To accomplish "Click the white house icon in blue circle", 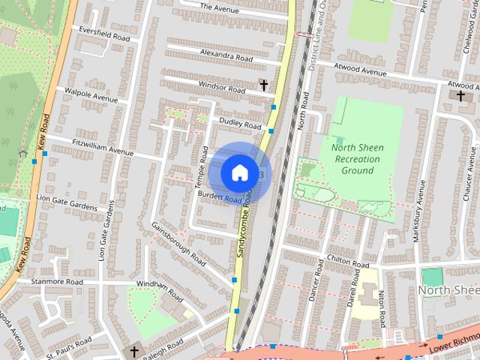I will point(238,172).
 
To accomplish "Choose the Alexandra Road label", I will point(226,55).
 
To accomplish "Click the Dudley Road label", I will point(240,123).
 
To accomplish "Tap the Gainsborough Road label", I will point(178,244).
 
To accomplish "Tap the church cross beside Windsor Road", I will point(263,86).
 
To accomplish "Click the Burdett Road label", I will point(219,196).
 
